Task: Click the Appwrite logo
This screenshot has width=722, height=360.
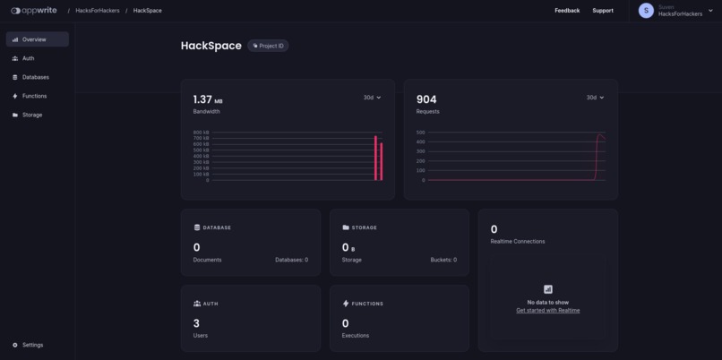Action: (34, 11)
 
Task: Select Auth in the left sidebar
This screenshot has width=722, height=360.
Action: (28, 58)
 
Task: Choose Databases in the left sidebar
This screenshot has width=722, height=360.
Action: (35, 77)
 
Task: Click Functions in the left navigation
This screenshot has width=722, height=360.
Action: (34, 96)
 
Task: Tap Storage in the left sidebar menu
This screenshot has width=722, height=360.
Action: (31, 115)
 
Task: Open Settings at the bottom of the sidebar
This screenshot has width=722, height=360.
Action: (31, 345)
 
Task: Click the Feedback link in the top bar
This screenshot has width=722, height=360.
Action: (567, 11)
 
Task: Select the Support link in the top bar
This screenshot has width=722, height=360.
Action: (603, 11)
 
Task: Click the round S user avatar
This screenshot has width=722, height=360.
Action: (646, 11)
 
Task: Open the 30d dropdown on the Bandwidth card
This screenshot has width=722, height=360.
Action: (372, 98)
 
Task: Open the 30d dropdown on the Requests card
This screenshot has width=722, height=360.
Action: (595, 98)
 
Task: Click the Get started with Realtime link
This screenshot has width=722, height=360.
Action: (547, 311)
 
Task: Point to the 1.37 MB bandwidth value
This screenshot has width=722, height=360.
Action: (208, 99)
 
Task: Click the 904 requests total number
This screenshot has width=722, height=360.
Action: (426, 99)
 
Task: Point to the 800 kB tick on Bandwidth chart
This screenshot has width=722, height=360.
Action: (201, 133)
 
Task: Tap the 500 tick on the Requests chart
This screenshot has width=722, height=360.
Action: (420, 133)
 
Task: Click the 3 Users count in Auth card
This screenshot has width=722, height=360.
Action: (196, 323)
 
